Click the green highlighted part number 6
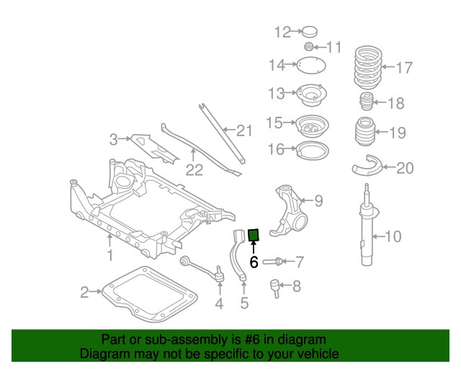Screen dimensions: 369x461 (254, 235)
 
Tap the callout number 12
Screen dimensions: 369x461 (282, 32)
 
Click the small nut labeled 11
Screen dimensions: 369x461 (308, 48)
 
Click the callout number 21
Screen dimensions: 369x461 (245, 130)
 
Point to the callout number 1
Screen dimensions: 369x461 (110, 255)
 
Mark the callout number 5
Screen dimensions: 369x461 (244, 303)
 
